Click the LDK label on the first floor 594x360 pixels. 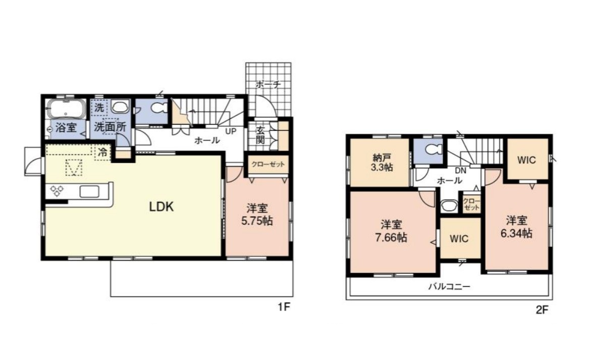[x=161, y=207]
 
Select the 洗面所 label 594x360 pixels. [x=110, y=127]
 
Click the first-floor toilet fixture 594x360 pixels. [x=158, y=108]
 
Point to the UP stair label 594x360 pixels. [x=231, y=131]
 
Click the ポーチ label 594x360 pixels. [x=268, y=84]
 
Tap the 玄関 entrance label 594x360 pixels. [x=260, y=134]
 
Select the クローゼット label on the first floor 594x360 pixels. [x=268, y=165]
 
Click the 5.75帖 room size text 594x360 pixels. [x=257, y=221]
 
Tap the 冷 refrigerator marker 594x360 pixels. [x=102, y=152]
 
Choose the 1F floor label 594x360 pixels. [x=284, y=307]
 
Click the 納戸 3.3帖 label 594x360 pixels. [x=382, y=162]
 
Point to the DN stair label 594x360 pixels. [x=460, y=171]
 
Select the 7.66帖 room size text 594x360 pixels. [x=391, y=238]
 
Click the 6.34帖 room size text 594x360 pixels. [x=516, y=233]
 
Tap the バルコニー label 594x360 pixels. [x=449, y=286]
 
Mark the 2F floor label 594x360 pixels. [x=542, y=310]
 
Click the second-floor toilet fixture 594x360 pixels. [x=433, y=149]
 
